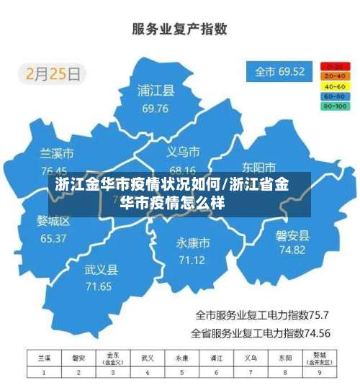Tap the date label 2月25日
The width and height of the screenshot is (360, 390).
54,73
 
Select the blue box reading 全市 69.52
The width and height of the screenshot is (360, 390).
279,72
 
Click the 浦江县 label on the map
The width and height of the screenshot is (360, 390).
156,91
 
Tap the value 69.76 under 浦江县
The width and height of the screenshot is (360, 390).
156,109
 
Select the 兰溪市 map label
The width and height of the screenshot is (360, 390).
57,154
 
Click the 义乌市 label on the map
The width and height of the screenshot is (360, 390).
183,152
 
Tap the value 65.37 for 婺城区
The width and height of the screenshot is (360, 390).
53,238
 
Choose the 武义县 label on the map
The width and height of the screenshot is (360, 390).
101,270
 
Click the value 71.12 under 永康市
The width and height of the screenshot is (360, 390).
192,260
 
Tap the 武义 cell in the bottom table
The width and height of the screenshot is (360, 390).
148,358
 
